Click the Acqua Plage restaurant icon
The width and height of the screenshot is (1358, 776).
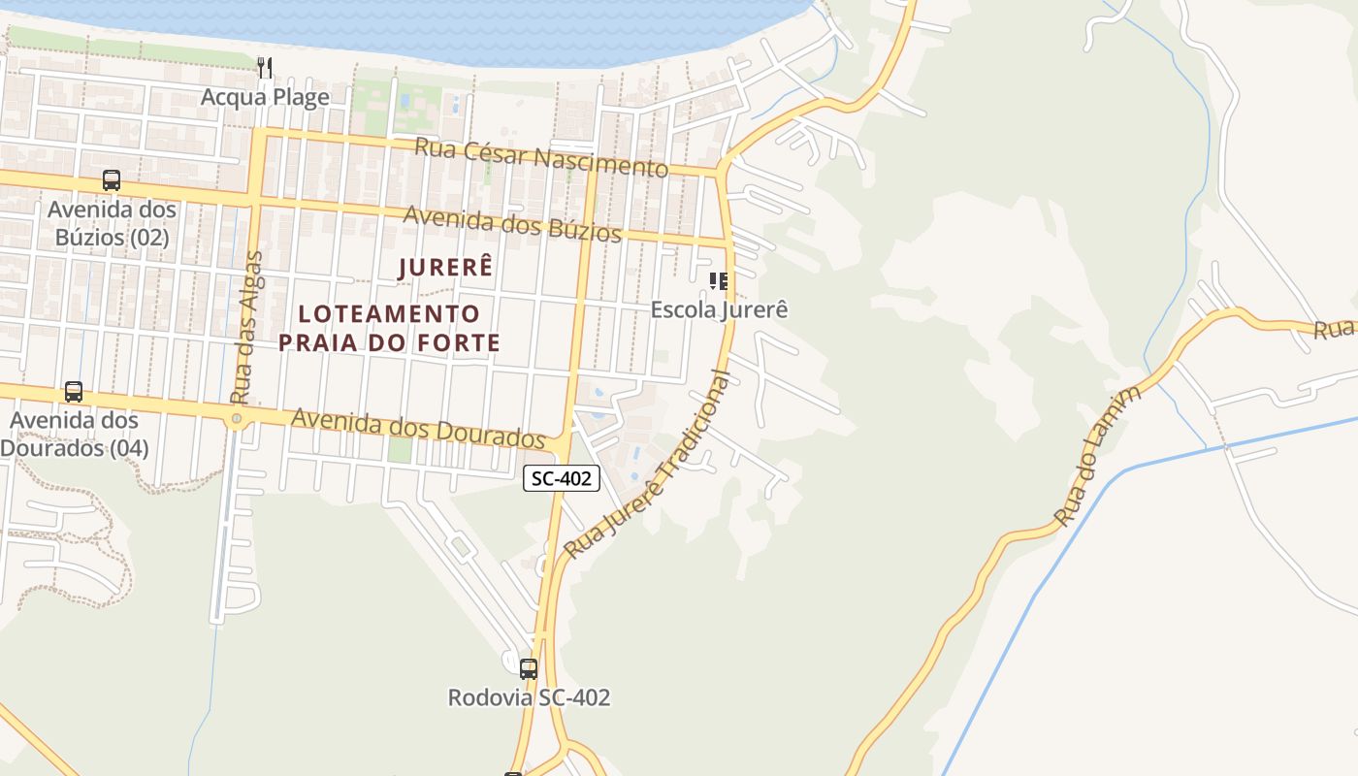[265, 67]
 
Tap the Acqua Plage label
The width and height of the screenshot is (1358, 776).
[265, 98]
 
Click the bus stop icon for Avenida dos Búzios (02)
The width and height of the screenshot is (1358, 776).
[112, 180]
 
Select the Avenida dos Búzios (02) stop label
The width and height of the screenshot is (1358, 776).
[112, 223]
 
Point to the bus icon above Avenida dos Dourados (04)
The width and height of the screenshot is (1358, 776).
[74, 392]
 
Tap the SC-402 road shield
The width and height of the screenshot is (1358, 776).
[562, 477]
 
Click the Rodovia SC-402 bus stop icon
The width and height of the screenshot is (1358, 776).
[529, 668]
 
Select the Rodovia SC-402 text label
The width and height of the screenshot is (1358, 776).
[529, 697]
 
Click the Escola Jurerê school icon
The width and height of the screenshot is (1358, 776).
[719, 281]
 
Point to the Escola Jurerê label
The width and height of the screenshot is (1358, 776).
[719, 309]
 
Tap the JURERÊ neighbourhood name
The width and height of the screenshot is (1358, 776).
[446, 268]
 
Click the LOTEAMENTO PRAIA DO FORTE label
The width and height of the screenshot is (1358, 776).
[389, 328]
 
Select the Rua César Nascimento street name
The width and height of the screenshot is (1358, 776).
[541, 157]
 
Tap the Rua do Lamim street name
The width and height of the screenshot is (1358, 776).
[1098, 455]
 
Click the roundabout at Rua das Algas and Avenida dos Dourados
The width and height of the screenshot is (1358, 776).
[237, 419]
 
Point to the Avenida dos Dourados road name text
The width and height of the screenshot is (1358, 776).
[417, 428]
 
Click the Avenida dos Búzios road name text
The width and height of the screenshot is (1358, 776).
[511, 224]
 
